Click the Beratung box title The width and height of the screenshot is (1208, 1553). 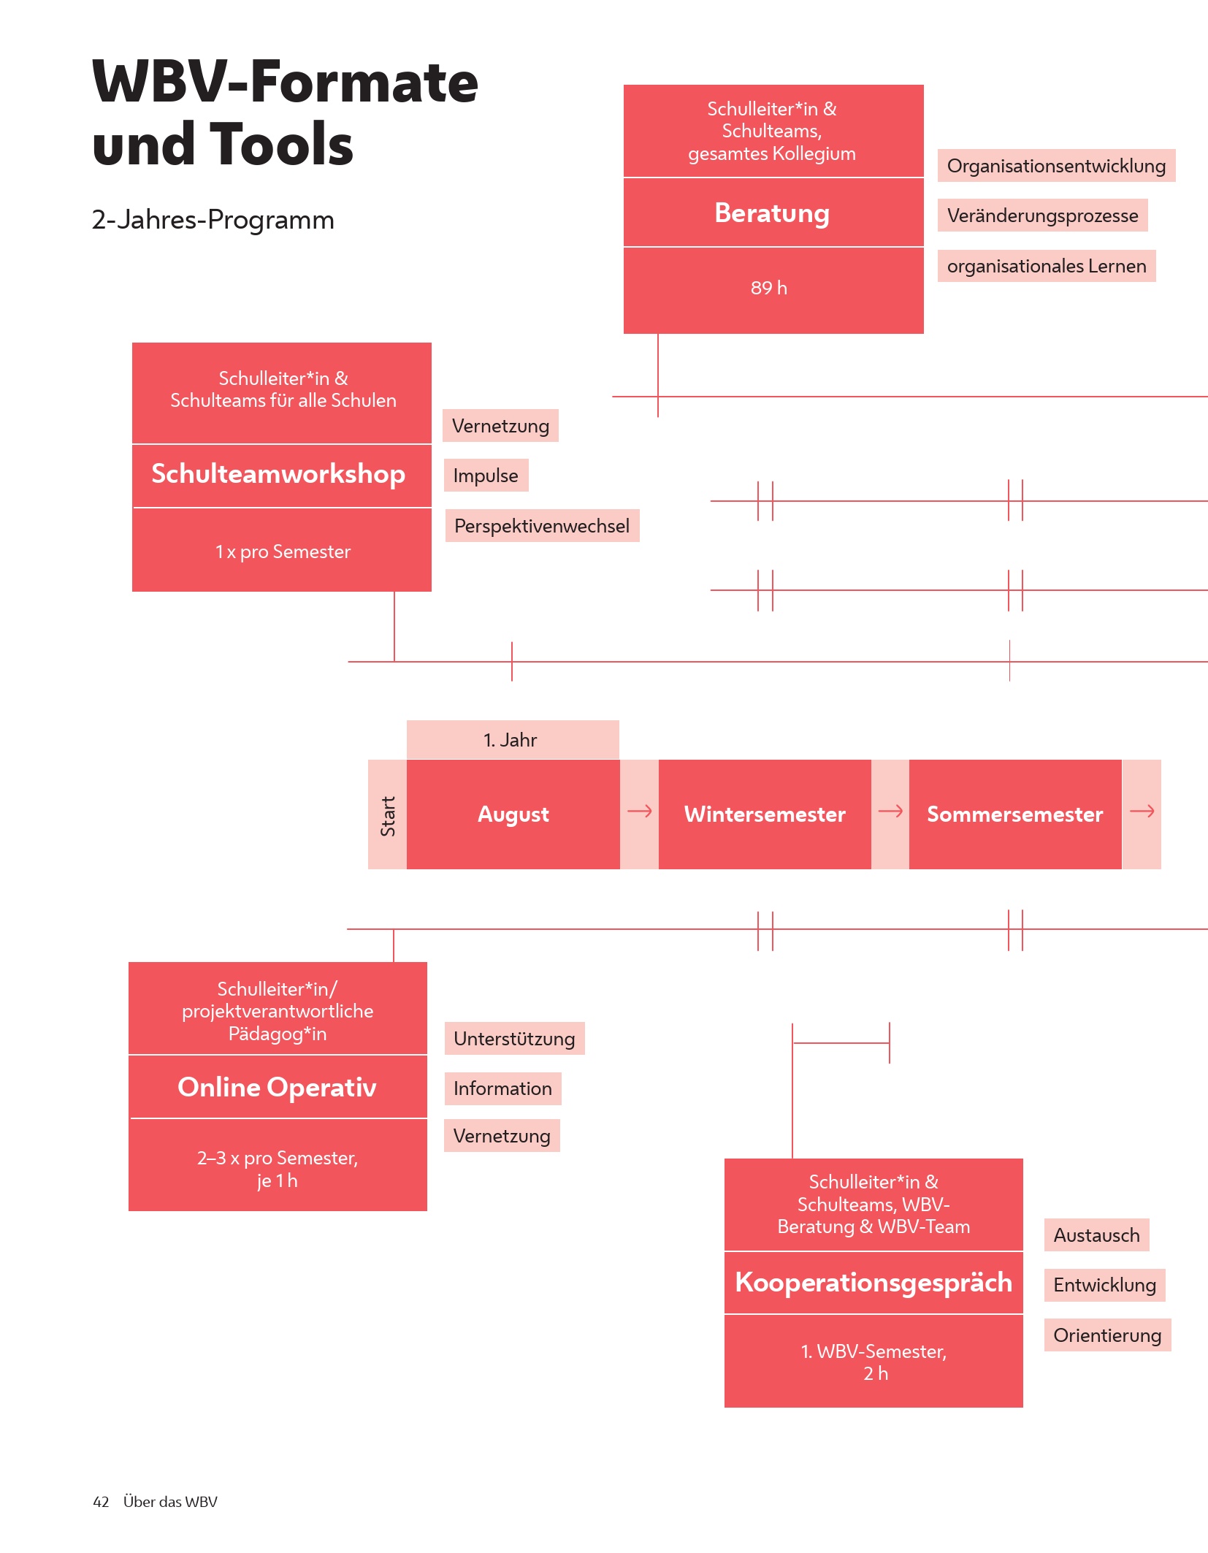pyautogui.click(x=772, y=213)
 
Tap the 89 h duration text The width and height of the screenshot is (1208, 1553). pyautogui.click(x=769, y=288)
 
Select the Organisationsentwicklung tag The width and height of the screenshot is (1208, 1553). pyautogui.click(x=1056, y=166)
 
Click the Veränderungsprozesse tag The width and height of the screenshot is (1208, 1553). pyautogui.click(x=1042, y=215)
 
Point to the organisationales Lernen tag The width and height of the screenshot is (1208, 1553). pyautogui.click(x=1046, y=266)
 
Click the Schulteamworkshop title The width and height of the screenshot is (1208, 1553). pyautogui.click(x=278, y=474)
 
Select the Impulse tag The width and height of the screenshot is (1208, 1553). pyautogui.click(x=486, y=476)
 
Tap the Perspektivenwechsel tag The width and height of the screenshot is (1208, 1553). pyautogui.click(x=542, y=526)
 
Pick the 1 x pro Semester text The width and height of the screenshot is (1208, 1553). pyautogui.click(x=283, y=552)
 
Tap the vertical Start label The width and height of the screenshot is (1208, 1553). pyautogui.click(x=388, y=815)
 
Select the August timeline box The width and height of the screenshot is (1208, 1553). pyautogui.click(x=513, y=814)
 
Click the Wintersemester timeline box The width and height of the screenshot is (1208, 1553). pyautogui.click(x=765, y=814)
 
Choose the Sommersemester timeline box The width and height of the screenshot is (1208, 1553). pyautogui.click(x=1014, y=814)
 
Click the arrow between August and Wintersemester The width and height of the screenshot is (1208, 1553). pyautogui.click(x=640, y=812)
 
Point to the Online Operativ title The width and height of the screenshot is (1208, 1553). pyautogui.click(x=278, y=1087)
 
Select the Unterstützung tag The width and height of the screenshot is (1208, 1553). pyautogui.click(x=514, y=1039)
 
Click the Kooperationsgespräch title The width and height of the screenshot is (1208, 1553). pyautogui.click(x=873, y=1283)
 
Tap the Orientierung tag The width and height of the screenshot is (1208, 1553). pyautogui.click(x=1107, y=1335)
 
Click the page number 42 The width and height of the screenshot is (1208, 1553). pyautogui.click(x=101, y=1502)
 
